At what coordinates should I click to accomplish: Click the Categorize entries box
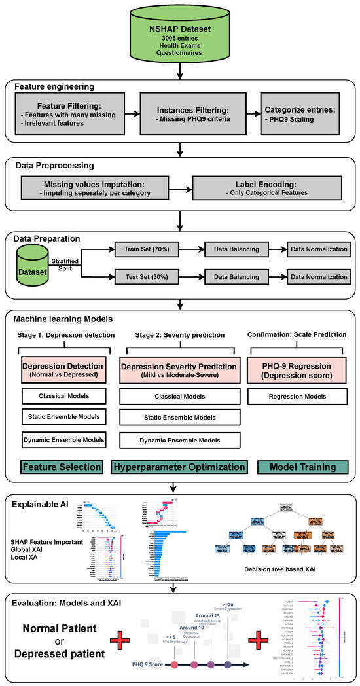299,113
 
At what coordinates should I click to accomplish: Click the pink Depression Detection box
63,370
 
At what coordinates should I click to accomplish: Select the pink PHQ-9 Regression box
297,370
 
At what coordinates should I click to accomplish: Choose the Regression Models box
297,397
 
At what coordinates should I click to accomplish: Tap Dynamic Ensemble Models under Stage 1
63,439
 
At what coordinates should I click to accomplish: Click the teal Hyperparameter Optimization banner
178,467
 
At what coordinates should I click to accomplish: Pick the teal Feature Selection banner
63,467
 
